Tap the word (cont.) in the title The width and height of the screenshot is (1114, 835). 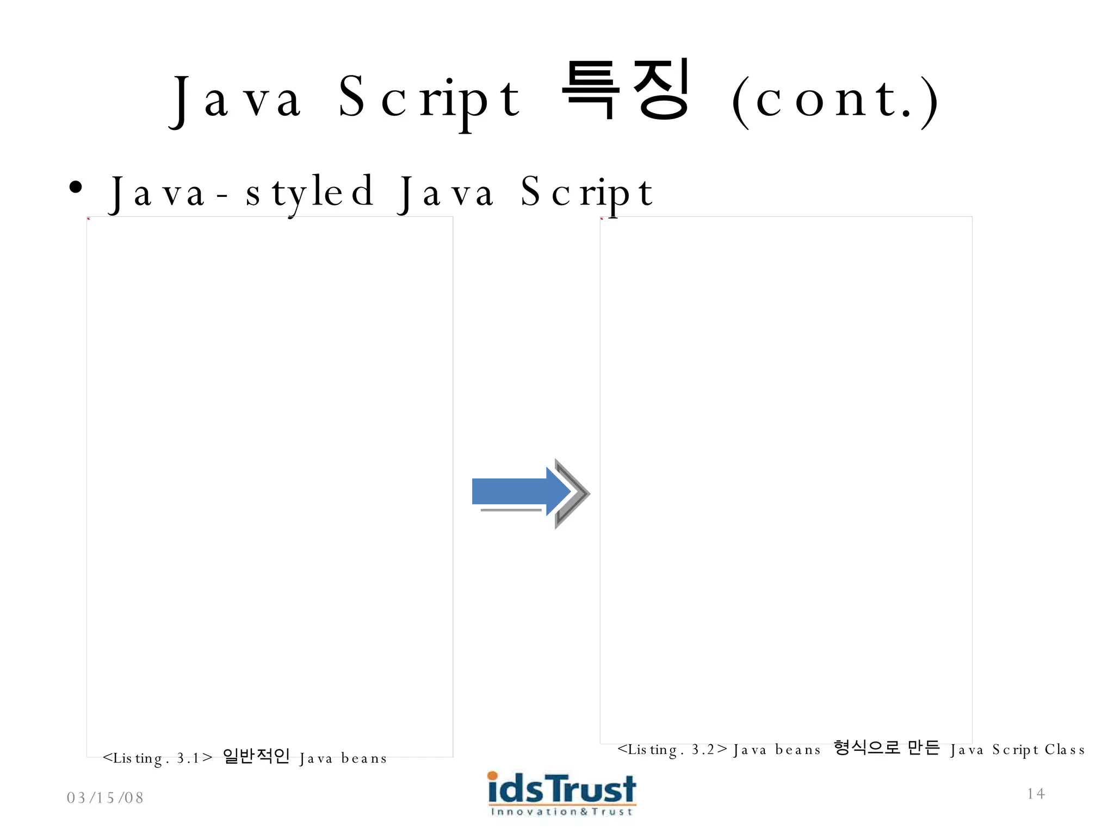click(x=835, y=101)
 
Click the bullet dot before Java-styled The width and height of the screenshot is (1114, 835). click(x=76, y=188)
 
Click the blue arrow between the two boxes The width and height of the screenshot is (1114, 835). click(x=517, y=491)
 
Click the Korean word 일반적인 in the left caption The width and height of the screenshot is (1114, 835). click(x=256, y=756)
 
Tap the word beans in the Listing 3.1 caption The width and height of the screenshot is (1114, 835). click(x=363, y=758)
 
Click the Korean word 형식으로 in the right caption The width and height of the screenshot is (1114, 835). click(x=867, y=748)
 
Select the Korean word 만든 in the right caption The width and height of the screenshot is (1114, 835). click(x=924, y=748)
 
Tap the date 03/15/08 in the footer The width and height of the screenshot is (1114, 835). click(x=105, y=797)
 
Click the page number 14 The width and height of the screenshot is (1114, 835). click(x=1036, y=794)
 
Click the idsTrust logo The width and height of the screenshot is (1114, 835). click(x=561, y=789)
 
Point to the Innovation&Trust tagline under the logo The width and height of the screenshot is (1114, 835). click(x=561, y=812)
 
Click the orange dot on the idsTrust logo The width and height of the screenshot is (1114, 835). click(x=492, y=775)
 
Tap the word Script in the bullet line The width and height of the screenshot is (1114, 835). click(x=586, y=193)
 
